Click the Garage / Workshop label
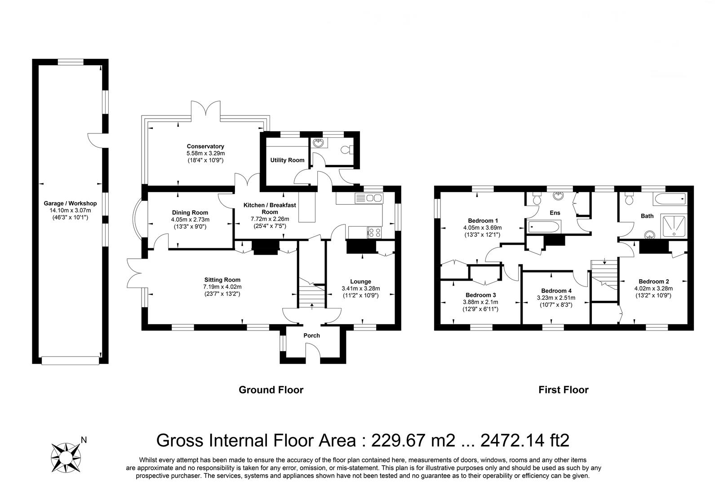(x=70, y=203)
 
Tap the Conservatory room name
(x=205, y=146)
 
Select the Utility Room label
(x=287, y=160)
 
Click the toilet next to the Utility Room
(x=347, y=150)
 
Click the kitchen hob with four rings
(x=374, y=232)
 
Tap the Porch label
(x=311, y=335)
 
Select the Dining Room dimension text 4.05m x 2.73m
(x=190, y=220)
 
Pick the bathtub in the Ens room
(x=544, y=227)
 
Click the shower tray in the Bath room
(x=674, y=226)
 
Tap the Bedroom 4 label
(x=556, y=291)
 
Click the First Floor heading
(x=563, y=390)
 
